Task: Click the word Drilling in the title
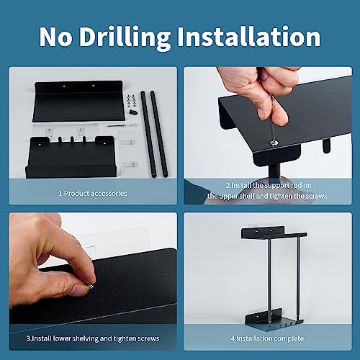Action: [x=125, y=37]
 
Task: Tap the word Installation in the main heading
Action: [x=249, y=36]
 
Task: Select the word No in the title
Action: [x=55, y=37]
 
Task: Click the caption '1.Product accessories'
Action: [x=93, y=193]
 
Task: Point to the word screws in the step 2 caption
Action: [x=315, y=196]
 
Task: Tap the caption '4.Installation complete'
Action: [x=267, y=338]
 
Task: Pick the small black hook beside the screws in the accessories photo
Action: [x=132, y=112]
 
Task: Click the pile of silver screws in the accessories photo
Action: [x=131, y=100]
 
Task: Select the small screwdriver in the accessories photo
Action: [x=122, y=125]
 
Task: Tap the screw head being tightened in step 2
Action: [x=274, y=142]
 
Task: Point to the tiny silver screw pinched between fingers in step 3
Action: [x=91, y=287]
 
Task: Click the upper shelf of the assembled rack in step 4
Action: [x=274, y=233]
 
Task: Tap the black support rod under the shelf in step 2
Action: [x=274, y=171]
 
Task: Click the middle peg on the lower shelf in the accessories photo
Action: [x=72, y=139]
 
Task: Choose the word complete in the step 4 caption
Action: [x=289, y=338]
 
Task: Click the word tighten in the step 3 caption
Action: [x=126, y=338]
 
